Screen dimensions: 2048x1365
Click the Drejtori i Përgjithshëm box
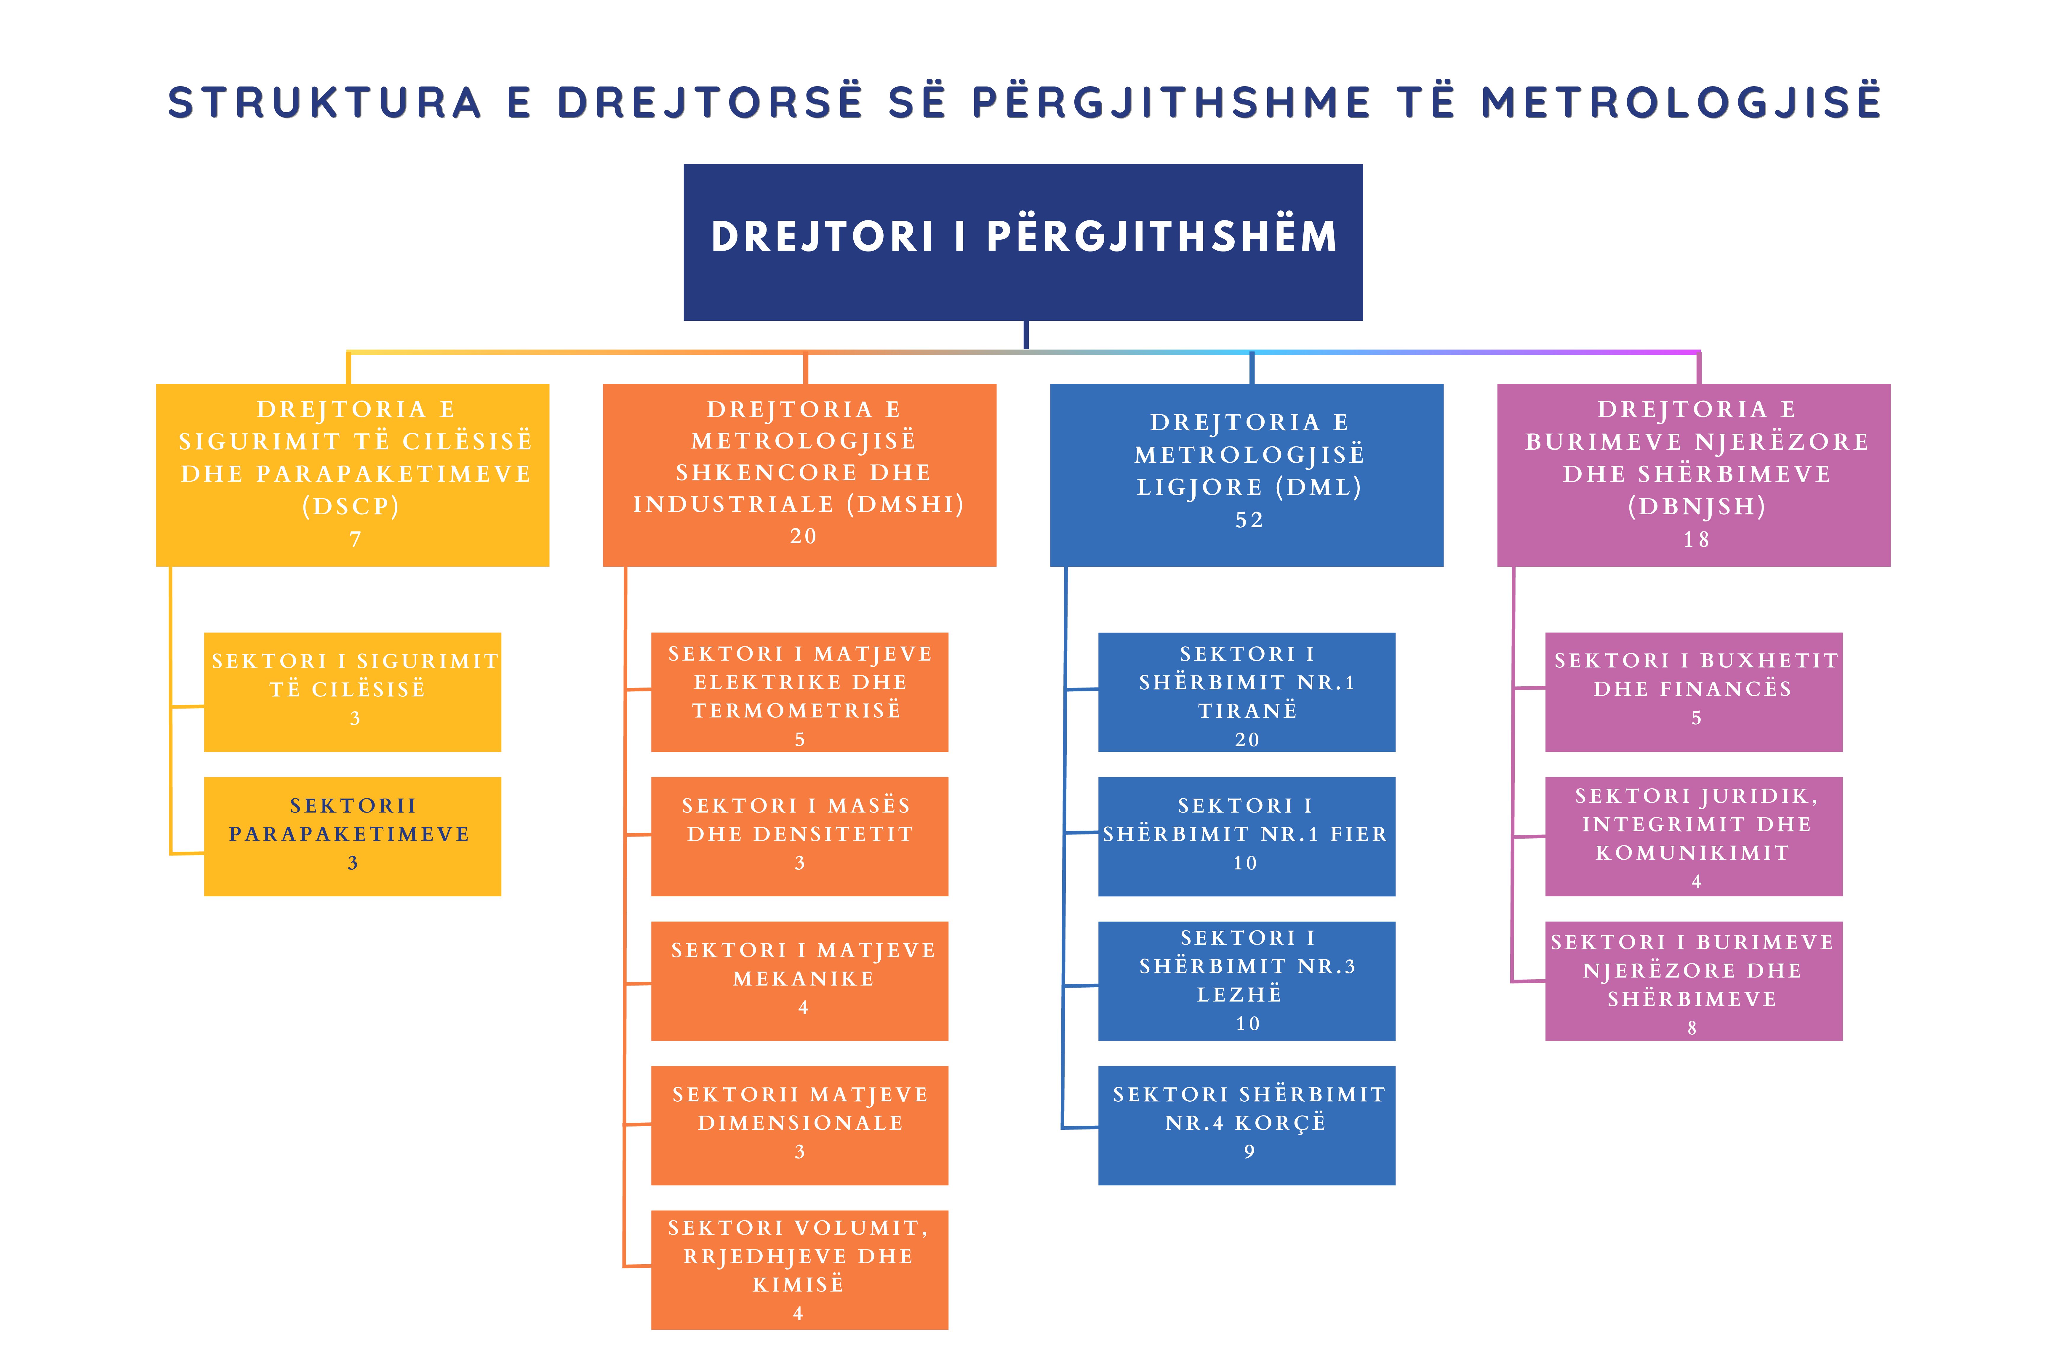1023,242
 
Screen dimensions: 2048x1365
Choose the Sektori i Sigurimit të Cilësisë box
353,692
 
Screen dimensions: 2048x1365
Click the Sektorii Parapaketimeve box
353,837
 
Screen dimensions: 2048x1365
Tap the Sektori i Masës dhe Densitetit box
799,837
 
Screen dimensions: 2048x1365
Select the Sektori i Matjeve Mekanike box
799,981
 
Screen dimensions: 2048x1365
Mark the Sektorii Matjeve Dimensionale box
799,1126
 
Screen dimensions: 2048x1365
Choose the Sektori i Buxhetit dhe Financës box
1694,692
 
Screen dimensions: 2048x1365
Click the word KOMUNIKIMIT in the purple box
1692,853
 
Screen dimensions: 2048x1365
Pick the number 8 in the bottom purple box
1692,1028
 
